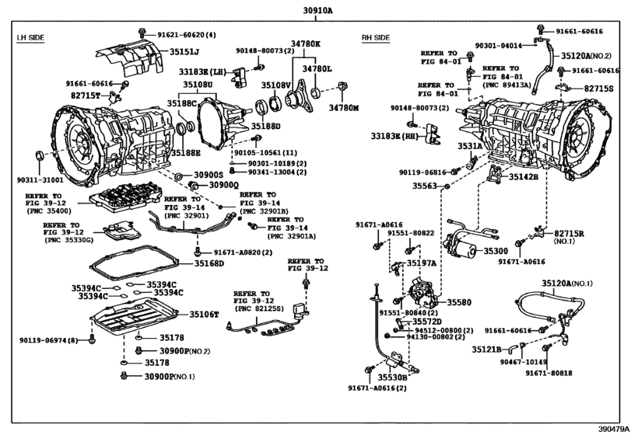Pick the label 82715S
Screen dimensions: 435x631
600,89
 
